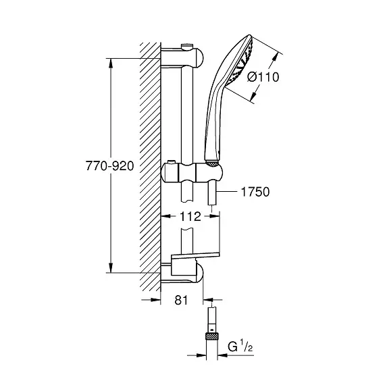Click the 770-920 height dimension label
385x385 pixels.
pyautogui.click(x=109, y=166)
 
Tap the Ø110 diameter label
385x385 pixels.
pyautogui.click(x=263, y=77)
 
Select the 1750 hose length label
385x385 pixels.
pyautogui.click(x=255, y=192)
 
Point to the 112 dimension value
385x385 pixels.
pyautogui.click(x=190, y=216)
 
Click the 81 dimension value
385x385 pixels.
pyautogui.click(x=181, y=300)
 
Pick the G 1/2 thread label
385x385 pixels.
pyautogui.click(x=240, y=346)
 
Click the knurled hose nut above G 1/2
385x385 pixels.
pyautogui.click(x=212, y=336)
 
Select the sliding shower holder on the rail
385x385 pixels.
pyautogui.click(x=192, y=173)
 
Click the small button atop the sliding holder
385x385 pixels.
pyautogui.click(x=171, y=163)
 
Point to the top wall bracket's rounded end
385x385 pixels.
pyautogui.click(x=199, y=58)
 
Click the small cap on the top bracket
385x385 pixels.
pyautogui.click(x=186, y=47)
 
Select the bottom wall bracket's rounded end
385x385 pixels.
pyautogui.click(x=199, y=273)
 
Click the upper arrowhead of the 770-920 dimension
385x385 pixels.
pyautogui.click(x=111, y=63)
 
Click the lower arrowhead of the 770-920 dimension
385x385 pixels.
pyautogui.click(x=111, y=267)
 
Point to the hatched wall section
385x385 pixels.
pyautogui.click(x=150, y=167)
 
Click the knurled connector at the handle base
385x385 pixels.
pyautogui.click(x=212, y=163)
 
